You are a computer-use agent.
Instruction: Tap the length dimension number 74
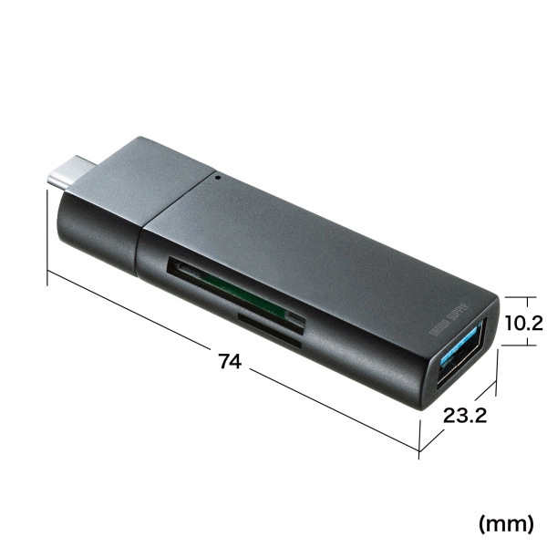click(x=230, y=362)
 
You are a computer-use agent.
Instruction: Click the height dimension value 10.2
click(x=523, y=322)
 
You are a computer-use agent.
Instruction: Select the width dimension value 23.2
click(x=467, y=418)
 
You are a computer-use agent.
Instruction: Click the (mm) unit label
click(x=506, y=522)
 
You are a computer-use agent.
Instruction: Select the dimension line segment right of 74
click(x=337, y=411)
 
